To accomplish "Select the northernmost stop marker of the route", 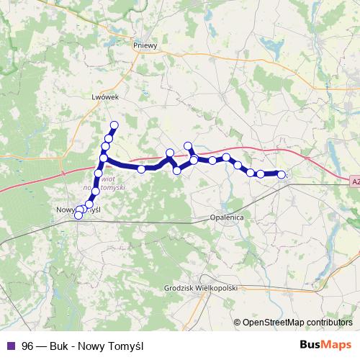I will (x=114, y=125).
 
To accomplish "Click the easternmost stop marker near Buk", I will (x=282, y=174).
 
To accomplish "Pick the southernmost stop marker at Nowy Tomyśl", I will (x=78, y=215).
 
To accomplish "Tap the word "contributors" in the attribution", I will (x=328, y=323).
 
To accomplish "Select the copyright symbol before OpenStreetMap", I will (x=238, y=323).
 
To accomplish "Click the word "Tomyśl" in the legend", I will (x=127, y=346).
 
